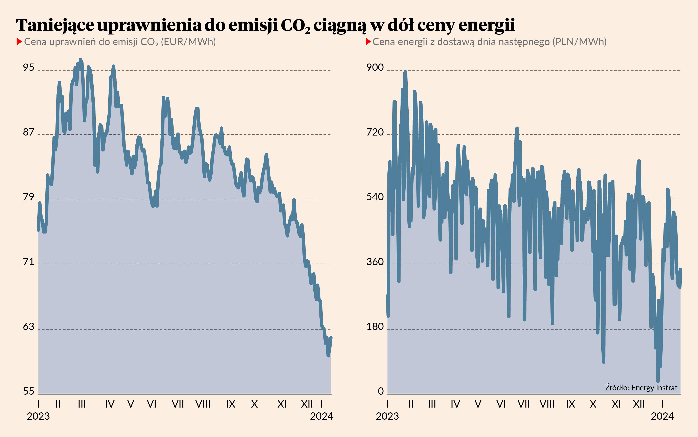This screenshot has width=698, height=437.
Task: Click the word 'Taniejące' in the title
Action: [55, 25]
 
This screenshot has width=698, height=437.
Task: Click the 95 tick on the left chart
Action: [29, 67]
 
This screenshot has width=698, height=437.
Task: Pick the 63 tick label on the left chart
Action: [29, 327]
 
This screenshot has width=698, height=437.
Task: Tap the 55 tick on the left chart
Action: [29, 391]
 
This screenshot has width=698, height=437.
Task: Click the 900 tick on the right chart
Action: [375, 67]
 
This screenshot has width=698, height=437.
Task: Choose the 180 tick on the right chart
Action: [375, 327]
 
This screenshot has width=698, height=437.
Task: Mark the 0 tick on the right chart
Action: [381, 391]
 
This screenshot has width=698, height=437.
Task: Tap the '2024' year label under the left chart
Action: [321, 416]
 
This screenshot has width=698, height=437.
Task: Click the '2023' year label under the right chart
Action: [387, 416]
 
